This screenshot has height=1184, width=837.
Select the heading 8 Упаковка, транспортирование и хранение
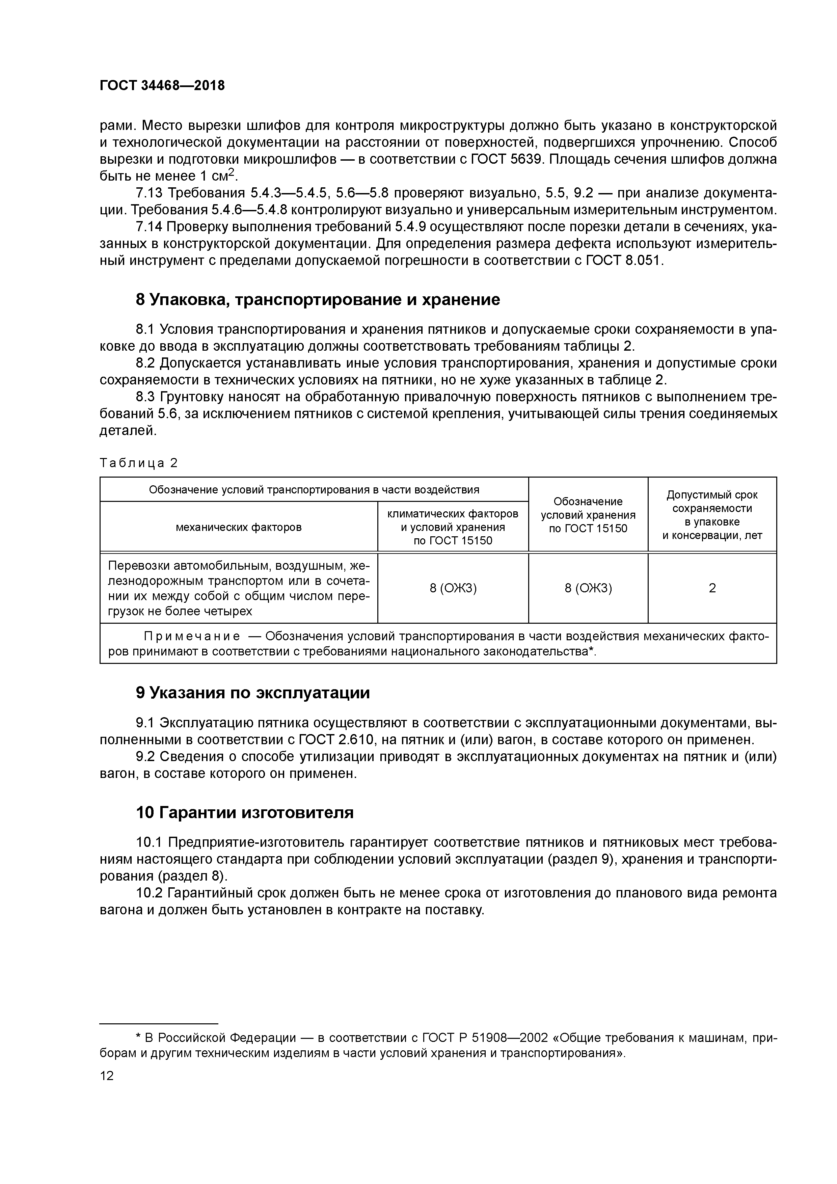coord(318,300)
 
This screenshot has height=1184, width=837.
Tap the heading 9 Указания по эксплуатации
coord(253,693)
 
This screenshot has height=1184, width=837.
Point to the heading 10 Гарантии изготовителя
coord(244,813)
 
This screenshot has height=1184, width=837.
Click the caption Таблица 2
coord(138,463)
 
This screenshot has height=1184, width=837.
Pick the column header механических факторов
coord(239,527)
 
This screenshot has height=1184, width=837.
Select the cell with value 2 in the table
coord(712,588)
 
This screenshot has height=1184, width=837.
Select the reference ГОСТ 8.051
coord(623,261)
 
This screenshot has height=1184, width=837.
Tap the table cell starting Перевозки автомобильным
coord(239,588)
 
